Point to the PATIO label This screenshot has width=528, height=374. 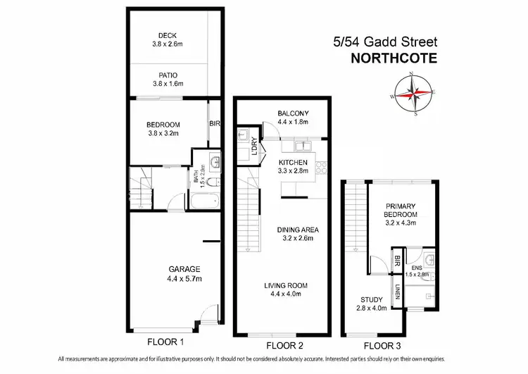tap(167, 75)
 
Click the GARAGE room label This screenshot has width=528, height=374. tap(184, 269)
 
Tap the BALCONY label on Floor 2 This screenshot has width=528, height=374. tap(293, 114)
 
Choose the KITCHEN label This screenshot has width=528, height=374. tap(294, 162)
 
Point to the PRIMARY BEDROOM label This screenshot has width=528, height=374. tap(401, 210)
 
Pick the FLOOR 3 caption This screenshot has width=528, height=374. tap(382, 345)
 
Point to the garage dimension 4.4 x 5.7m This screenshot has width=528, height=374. tap(184, 279)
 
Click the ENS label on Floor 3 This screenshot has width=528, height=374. tap(416, 268)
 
